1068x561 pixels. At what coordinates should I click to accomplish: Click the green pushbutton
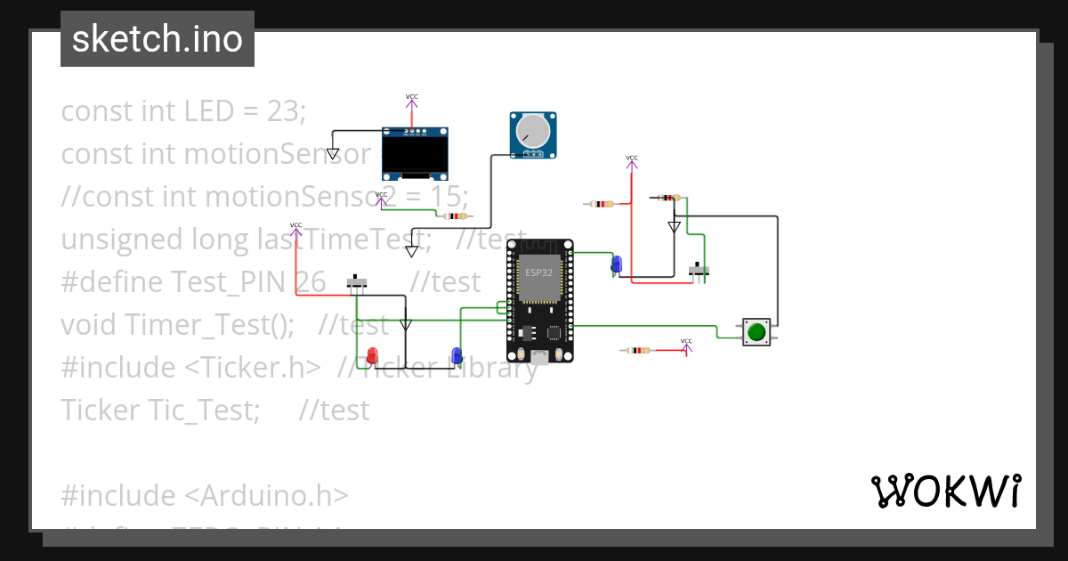point(756,332)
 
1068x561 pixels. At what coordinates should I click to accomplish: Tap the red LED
point(373,355)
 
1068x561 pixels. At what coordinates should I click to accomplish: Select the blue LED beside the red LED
point(457,354)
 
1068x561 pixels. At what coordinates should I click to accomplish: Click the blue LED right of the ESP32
point(616,264)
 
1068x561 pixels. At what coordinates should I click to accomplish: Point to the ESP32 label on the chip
point(538,272)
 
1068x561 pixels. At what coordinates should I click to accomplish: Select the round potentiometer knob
point(530,132)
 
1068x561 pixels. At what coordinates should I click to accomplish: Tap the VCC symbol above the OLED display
point(411,98)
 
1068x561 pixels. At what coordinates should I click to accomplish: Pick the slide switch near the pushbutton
point(700,269)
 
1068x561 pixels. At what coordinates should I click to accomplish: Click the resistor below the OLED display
point(455,215)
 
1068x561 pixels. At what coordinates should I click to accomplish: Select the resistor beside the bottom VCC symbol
point(638,351)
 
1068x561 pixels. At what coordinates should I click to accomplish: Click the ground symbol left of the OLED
point(332,153)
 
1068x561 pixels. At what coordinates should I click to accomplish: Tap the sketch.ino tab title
point(157,39)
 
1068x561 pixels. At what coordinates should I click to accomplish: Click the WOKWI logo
point(945,492)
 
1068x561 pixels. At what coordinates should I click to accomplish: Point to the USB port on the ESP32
point(539,358)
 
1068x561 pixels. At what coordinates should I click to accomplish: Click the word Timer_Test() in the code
point(209,324)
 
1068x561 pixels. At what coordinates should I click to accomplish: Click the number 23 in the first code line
point(284,111)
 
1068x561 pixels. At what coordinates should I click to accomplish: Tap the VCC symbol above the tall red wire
point(632,160)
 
